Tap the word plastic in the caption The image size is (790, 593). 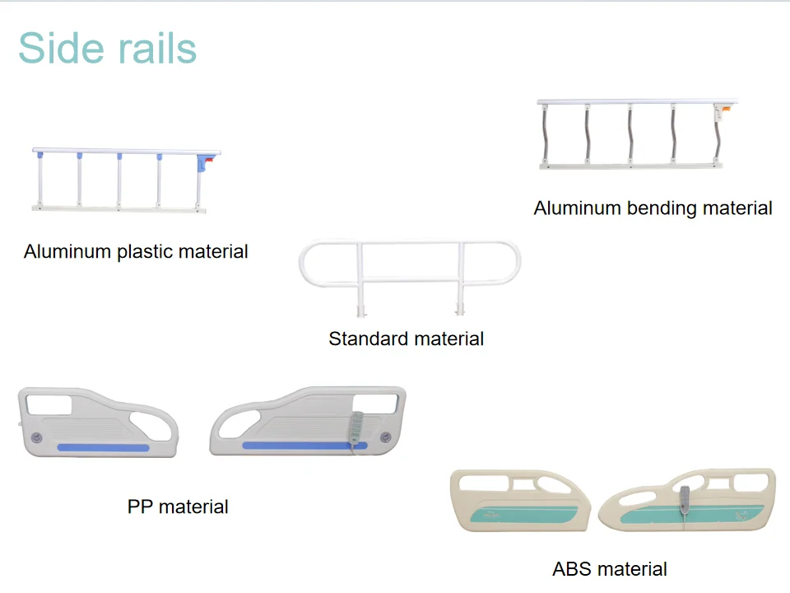tap(136, 252)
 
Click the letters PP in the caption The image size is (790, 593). tap(139, 507)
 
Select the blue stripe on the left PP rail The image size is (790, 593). tap(104, 447)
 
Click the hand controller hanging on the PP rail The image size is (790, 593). tap(356, 428)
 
